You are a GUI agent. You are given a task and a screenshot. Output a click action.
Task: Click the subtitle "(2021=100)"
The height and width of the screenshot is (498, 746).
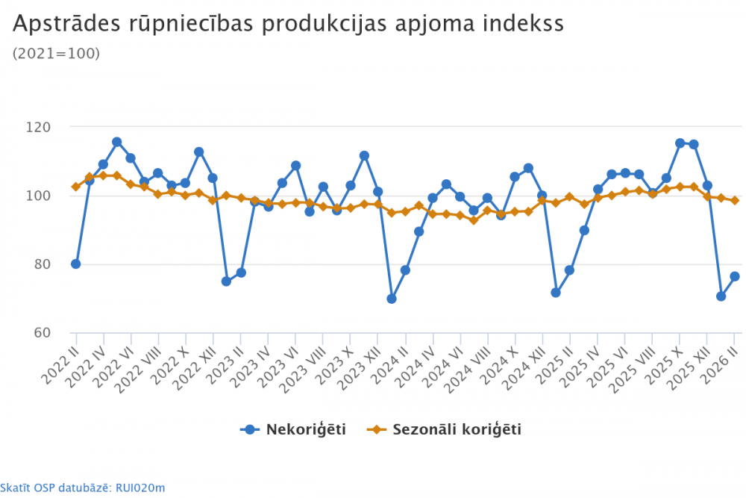tap(57, 53)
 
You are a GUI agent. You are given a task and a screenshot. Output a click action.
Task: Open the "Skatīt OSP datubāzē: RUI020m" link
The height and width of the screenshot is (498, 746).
tap(83, 488)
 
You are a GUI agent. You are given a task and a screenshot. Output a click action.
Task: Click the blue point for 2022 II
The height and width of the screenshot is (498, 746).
tap(75, 264)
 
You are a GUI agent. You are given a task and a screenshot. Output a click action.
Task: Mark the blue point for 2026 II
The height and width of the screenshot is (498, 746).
tap(735, 276)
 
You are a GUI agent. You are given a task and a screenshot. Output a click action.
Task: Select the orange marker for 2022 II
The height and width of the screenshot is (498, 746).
tap(75, 187)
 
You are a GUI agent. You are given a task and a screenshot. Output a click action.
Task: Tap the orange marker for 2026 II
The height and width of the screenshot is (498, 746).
tap(735, 200)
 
